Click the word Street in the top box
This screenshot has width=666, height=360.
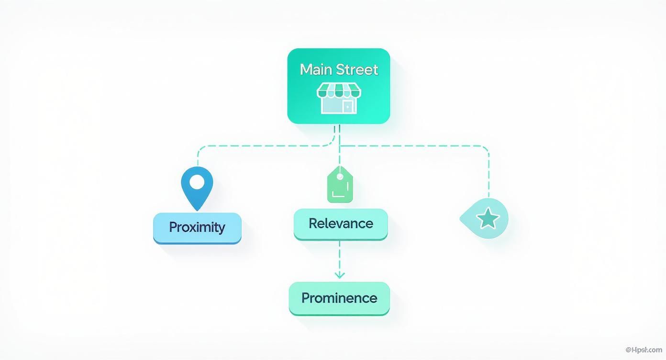(x=357, y=70)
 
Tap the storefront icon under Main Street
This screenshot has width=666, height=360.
(x=339, y=98)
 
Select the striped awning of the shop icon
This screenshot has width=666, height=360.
(x=339, y=90)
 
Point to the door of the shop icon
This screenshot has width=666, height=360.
(x=348, y=106)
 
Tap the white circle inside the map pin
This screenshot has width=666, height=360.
(x=197, y=182)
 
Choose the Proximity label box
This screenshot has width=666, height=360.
(x=197, y=227)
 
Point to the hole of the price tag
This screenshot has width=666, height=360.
(x=340, y=177)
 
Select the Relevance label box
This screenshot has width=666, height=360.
(x=340, y=224)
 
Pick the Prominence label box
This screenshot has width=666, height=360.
(x=339, y=298)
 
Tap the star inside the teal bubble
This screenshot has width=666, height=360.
(x=488, y=219)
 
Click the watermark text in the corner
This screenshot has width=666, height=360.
(x=644, y=350)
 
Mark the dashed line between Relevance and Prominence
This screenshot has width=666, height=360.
(x=339, y=256)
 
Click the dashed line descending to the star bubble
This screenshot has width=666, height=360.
(x=489, y=172)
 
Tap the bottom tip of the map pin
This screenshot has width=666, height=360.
(x=197, y=210)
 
